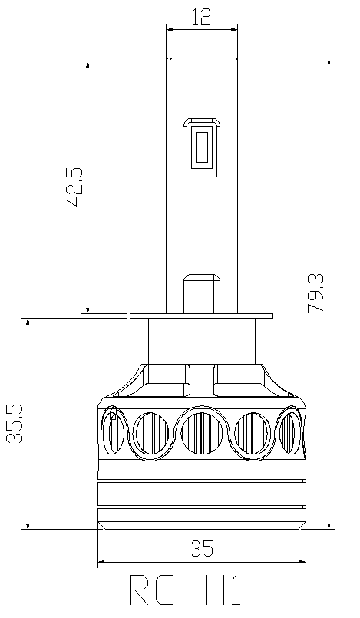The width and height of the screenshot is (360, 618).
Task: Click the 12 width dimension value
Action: click(201, 17)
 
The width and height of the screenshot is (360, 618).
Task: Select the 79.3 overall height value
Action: click(315, 293)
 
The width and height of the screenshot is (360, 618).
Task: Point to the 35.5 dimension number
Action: click(15, 424)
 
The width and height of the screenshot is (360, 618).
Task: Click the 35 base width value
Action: click(202, 548)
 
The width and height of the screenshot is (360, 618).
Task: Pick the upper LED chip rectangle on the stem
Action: click(201, 147)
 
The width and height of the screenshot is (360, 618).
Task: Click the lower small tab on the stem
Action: click(202, 293)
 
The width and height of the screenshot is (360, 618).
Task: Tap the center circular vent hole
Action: click(202, 433)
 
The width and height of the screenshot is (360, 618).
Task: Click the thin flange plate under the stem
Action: click(202, 316)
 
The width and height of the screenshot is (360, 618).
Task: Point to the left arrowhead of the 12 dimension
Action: click(170, 29)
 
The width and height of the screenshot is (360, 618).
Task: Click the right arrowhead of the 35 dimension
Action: click(302, 562)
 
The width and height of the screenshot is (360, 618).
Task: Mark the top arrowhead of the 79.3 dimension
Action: click(329, 62)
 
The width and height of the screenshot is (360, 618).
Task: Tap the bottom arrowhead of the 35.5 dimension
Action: click(28, 525)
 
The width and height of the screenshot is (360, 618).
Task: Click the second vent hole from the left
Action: click(151, 433)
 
